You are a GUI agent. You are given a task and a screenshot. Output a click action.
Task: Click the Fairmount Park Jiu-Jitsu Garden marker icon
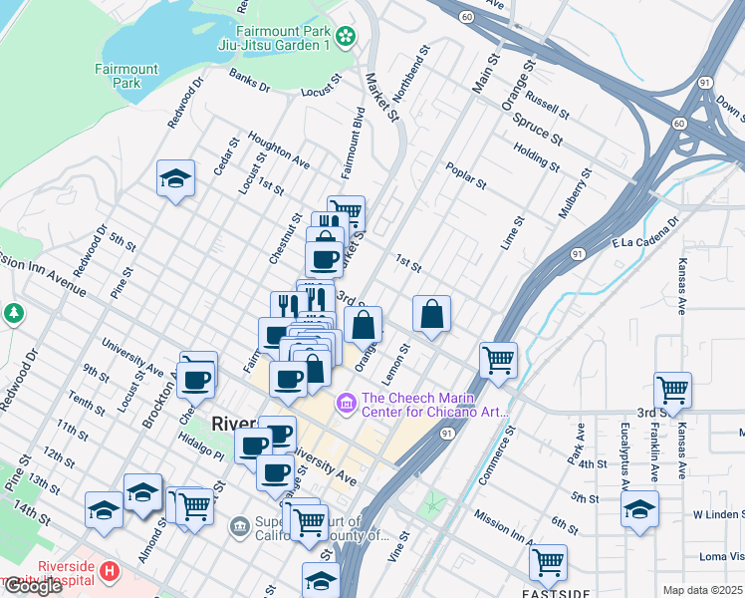point(346,37)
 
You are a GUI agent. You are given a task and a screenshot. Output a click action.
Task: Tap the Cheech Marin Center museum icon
point(346,403)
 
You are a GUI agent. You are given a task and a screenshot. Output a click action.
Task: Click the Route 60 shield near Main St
point(466,17)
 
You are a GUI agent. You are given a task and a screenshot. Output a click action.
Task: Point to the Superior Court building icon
point(239,526)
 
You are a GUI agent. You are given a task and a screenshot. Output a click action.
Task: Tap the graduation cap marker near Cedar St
point(176,179)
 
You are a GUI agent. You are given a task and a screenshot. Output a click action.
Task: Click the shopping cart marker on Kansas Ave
point(673,389)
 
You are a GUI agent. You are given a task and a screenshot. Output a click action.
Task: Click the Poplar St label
point(466,176)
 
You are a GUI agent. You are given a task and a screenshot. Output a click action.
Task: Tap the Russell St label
point(547,103)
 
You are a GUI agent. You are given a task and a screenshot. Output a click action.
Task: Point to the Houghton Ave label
point(279,149)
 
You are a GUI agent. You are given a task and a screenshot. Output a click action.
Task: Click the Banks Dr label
point(249,81)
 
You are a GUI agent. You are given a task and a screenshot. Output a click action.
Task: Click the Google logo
point(33,586)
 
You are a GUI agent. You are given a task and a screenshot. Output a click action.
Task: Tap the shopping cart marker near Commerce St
point(497,359)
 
